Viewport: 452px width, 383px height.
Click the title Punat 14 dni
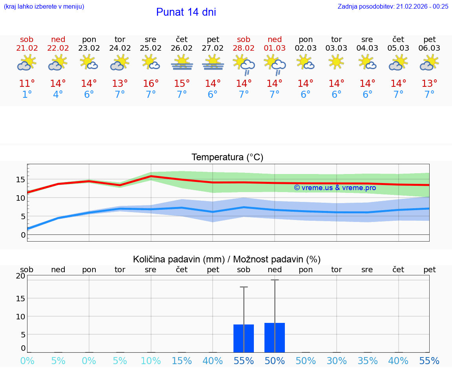(186, 12)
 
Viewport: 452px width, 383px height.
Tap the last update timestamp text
(393, 6)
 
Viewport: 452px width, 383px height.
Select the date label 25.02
(151, 48)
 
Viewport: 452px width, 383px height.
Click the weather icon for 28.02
(244, 64)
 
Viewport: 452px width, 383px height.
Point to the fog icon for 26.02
(182, 63)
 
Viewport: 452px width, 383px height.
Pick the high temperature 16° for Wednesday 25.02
(151, 84)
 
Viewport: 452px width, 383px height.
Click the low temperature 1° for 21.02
(27, 95)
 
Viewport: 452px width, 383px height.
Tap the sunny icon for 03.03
(336, 62)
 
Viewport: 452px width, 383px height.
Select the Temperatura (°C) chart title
(227, 158)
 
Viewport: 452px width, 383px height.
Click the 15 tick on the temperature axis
(20, 180)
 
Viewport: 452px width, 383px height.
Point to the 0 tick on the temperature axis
(23, 235)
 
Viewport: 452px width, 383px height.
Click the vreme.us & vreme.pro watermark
(335, 188)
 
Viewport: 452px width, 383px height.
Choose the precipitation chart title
(227, 259)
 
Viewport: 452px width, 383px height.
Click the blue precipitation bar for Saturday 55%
(244, 338)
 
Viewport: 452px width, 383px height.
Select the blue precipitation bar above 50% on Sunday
(275, 337)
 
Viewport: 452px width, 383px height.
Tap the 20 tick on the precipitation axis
(21, 276)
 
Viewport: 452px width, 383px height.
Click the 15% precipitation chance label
(182, 361)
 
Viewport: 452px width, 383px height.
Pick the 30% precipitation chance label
(336, 361)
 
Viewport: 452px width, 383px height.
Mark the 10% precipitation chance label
(151, 361)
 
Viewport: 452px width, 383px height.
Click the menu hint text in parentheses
(44, 6)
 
